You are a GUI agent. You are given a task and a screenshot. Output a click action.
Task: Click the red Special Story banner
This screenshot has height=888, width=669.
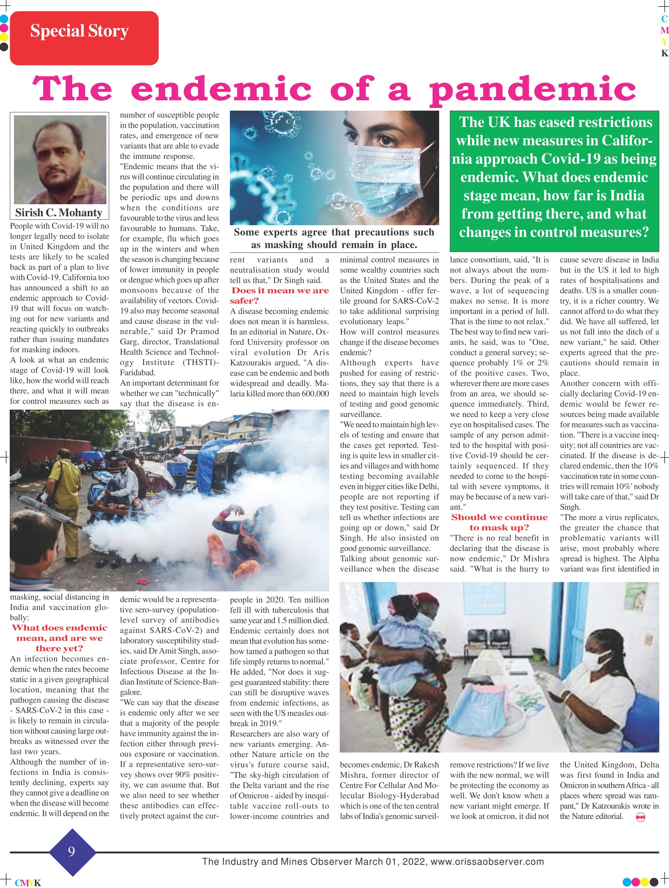click(84, 38)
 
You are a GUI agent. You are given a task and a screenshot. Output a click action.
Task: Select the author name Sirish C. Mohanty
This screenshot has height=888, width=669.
click(59, 212)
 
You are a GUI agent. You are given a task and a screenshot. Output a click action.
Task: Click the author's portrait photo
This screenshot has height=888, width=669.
click(60, 159)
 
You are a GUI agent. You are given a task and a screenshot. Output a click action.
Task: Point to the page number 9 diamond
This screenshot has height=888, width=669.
click(72, 852)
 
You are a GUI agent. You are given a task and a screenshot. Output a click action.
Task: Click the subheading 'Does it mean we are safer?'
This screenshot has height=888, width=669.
click(280, 295)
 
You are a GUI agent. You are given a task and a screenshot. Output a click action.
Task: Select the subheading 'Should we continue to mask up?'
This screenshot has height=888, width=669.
click(499, 522)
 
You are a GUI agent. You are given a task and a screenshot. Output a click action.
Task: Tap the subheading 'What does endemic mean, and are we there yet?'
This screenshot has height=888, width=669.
click(59, 638)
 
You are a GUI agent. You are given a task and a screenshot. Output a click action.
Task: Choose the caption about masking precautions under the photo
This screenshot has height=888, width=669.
click(334, 238)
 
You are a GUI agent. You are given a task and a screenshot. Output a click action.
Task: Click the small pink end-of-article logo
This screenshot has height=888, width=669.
click(641, 818)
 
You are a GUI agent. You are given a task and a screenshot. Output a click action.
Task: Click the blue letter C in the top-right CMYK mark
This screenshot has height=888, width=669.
click(665, 19)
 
